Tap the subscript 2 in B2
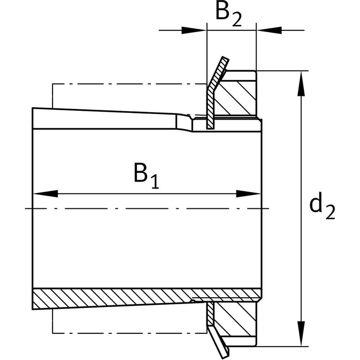pos(236,20)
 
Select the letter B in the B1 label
pos(141,172)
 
